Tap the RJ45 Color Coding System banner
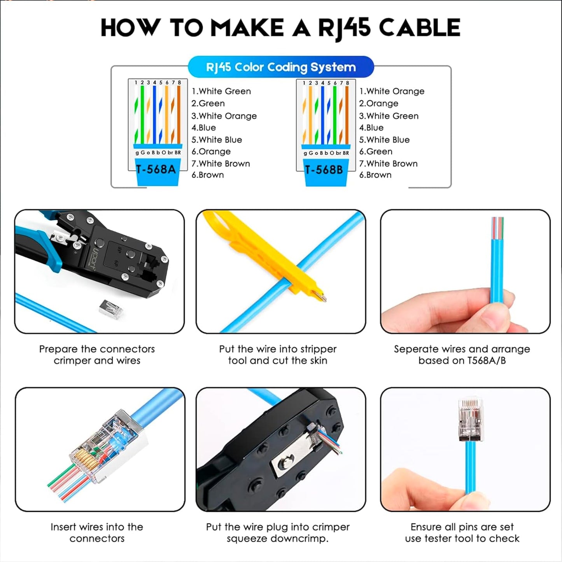click(281, 67)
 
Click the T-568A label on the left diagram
click(156, 169)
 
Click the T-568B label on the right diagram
click(324, 170)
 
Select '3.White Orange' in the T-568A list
click(224, 116)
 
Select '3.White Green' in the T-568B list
click(389, 116)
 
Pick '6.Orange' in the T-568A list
click(211, 151)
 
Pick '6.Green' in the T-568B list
click(375, 151)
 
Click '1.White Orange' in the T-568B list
click(391, 91)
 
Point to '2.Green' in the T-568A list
click(208, 103)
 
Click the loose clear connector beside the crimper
click(111, 310)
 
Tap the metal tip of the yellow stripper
click(322, 297)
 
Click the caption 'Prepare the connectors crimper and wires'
click(97, 354)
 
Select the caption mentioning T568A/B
click(462, 354)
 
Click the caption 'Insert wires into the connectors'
click(97, 532)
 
